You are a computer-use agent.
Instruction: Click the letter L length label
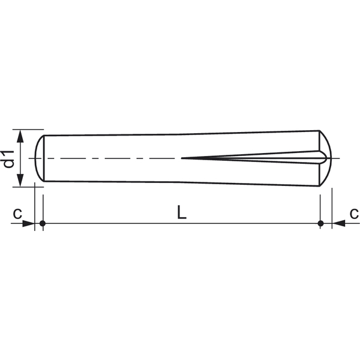(x=182, y=212)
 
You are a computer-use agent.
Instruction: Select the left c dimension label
(x=17, y=214)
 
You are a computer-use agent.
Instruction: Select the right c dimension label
(x=354, y=214)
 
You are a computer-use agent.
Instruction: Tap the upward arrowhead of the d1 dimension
(x=20, y=136)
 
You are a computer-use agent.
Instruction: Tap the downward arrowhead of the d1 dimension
(x=20, y=180)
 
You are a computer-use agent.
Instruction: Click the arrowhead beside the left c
(x=28, y=223)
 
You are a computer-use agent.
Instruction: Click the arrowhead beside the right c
(x=338, y=223)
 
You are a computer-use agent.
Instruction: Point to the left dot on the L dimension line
(x=43, y=223)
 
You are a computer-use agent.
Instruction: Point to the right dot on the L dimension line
(x=320, y=223)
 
